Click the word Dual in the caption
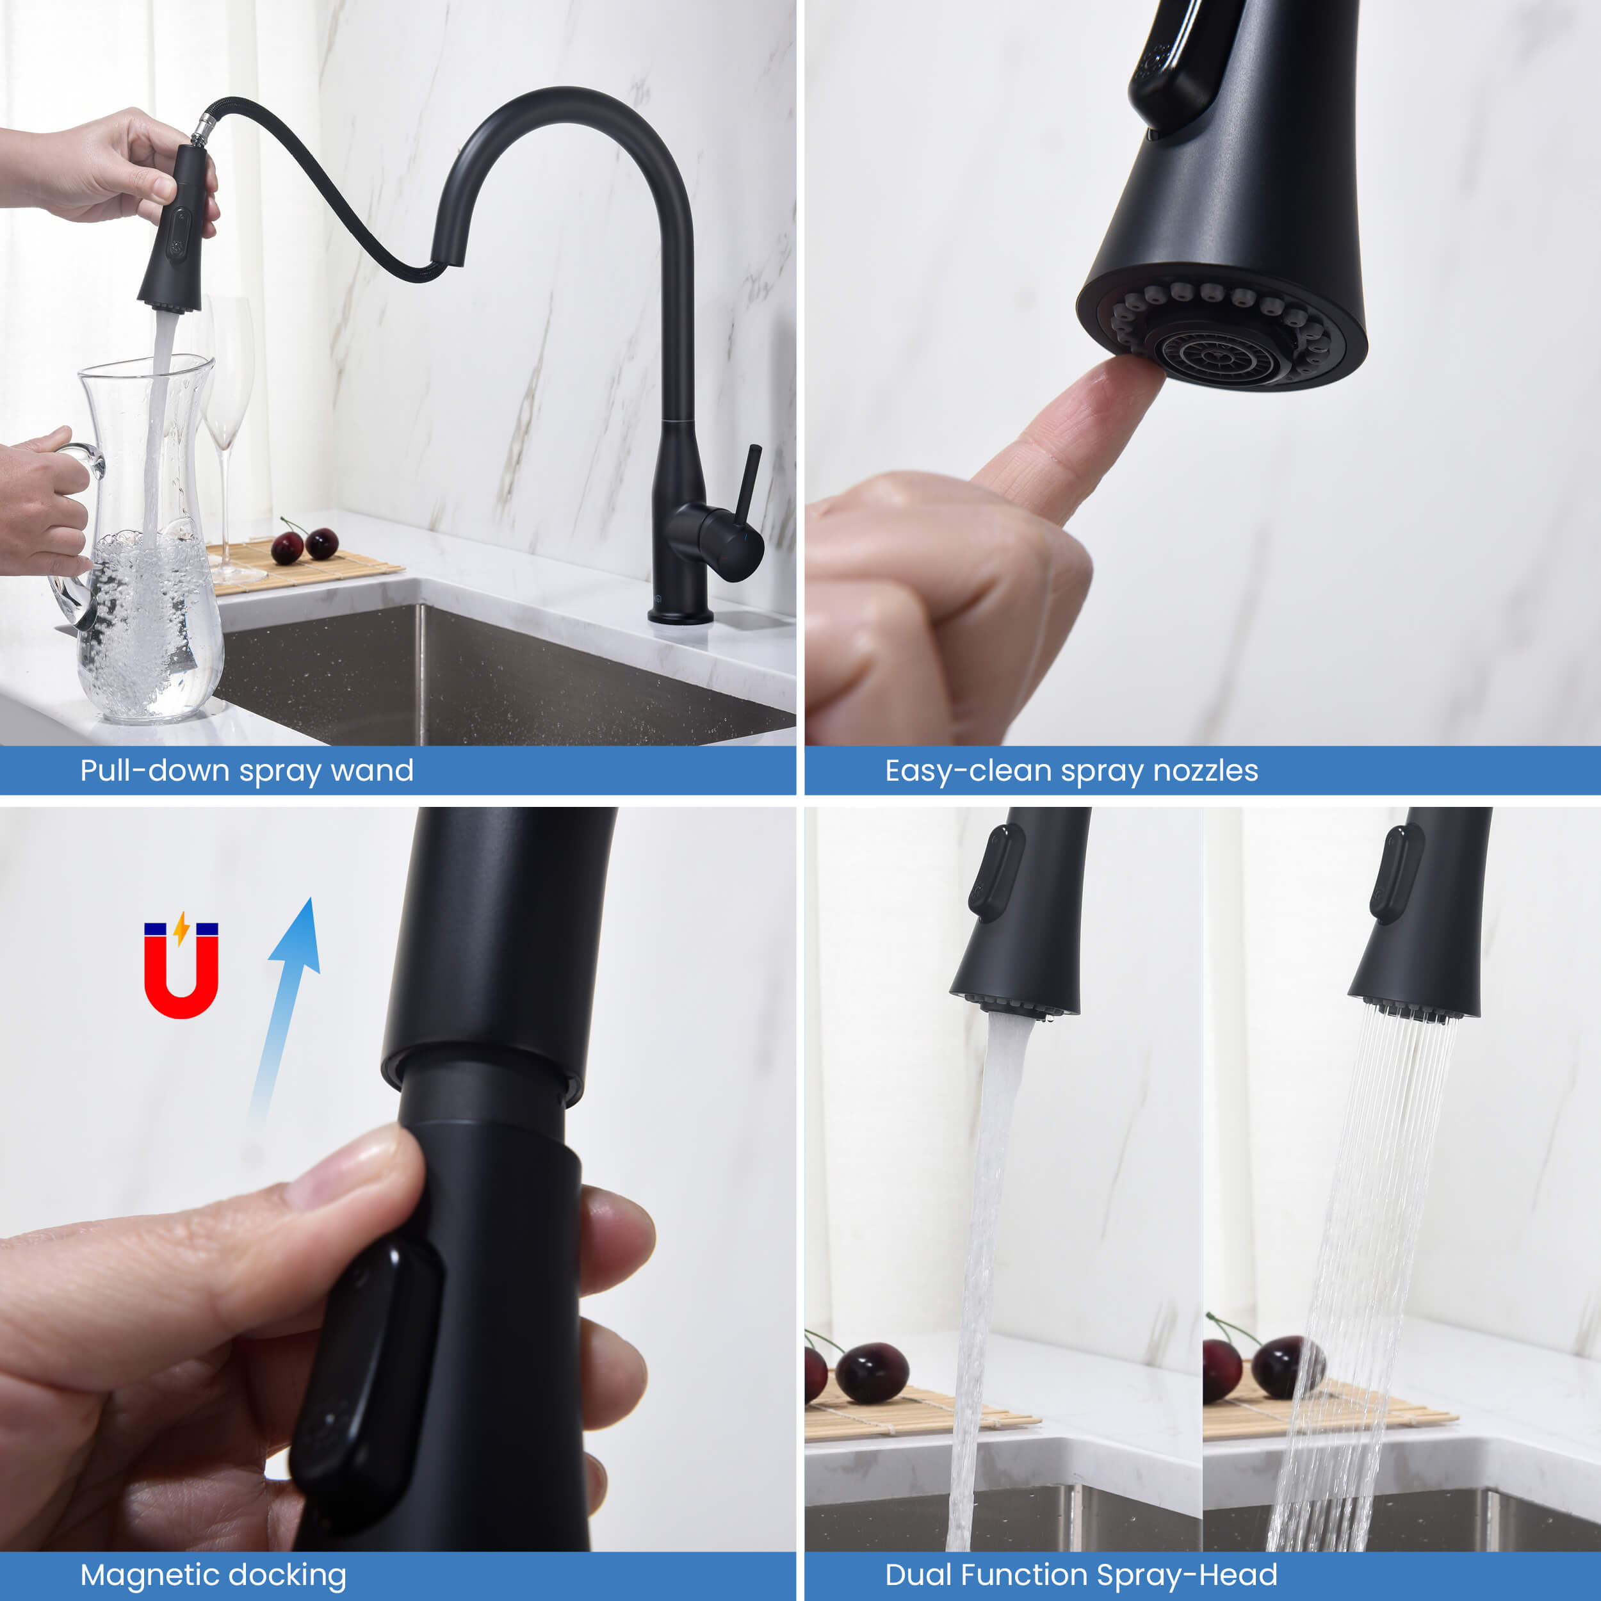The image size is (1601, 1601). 920,1575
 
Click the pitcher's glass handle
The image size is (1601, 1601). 79,530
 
